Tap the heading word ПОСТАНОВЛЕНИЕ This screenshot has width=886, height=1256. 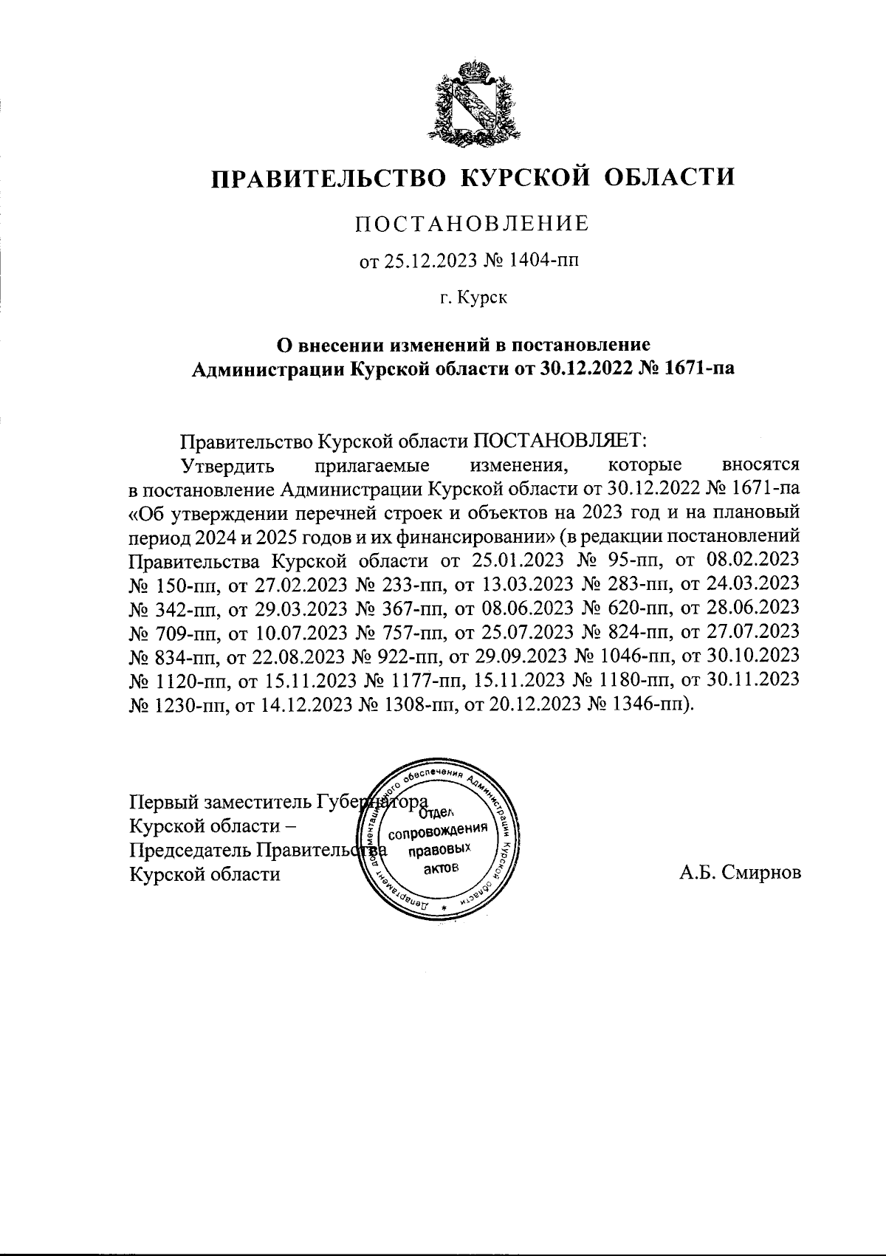473,223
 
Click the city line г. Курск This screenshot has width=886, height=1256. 473,298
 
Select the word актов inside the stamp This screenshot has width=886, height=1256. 441,869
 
